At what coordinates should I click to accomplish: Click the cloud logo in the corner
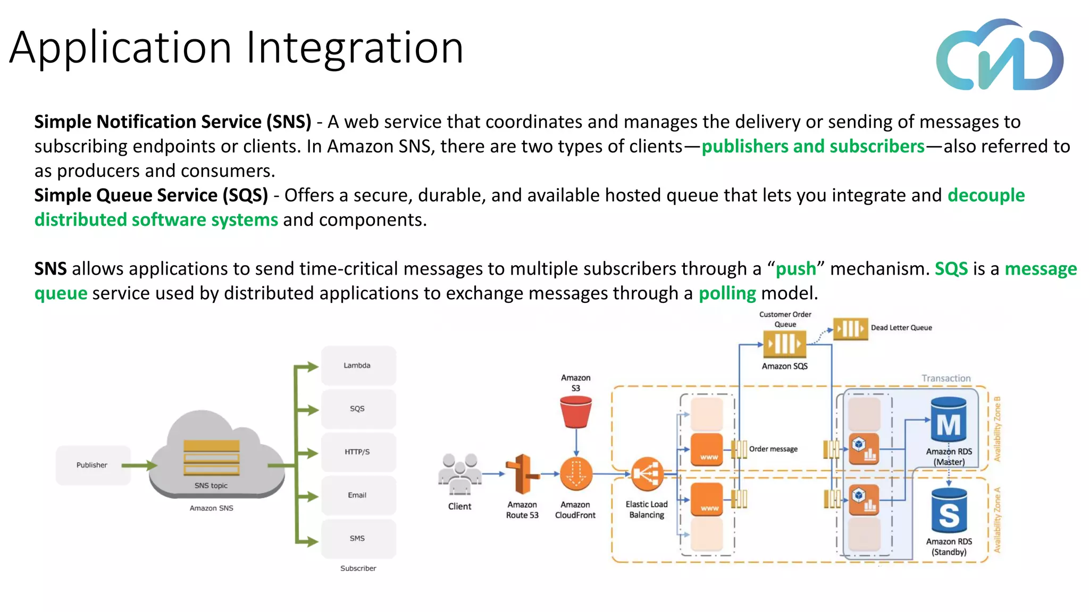1000,55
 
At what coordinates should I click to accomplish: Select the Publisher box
93,465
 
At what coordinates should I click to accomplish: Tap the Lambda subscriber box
358,365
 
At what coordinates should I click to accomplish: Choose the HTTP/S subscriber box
358,452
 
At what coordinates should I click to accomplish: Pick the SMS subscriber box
358,538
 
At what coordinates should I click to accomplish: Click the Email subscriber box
358,495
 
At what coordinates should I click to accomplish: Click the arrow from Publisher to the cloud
139,465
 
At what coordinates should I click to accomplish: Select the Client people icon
459,473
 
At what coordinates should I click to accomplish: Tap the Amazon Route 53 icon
522,474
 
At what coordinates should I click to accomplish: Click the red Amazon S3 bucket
576,412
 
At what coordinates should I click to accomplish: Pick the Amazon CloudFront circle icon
576,473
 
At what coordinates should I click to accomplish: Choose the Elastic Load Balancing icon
647,473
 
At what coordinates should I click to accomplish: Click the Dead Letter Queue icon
850,328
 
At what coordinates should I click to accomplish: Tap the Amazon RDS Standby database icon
949,511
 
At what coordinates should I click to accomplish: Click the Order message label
773,449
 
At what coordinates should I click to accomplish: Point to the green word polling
727,293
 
